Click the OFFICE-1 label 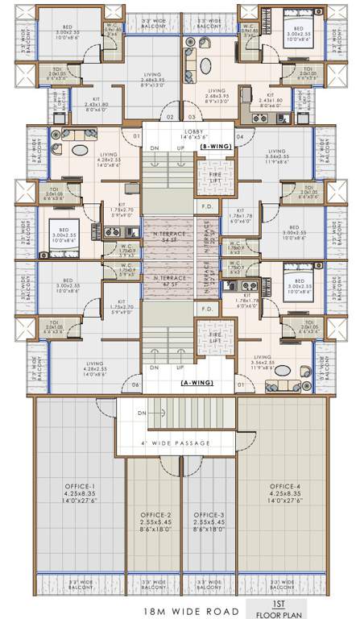tap(79, 487)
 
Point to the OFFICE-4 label tap(285, 487)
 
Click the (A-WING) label tap(196, 382)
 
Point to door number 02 tap(169, 117)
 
